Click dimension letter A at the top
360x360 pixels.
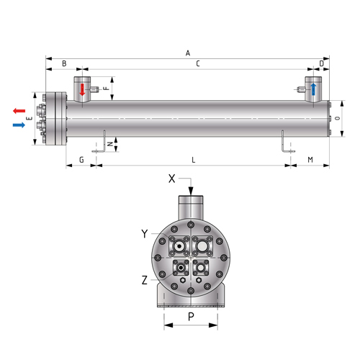tap(188, 53)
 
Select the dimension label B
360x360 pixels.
tap(64, 63)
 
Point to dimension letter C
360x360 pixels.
tap(198, 63)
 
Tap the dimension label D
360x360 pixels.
tap(322, 63)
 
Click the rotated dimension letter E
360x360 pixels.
tap(30, 118)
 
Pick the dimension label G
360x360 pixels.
tap(81, 160)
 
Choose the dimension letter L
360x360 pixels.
tap(194, 160)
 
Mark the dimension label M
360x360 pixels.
tap(310, 160)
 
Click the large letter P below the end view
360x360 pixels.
tap(191, 317)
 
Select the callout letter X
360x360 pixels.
tap(172, 179)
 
